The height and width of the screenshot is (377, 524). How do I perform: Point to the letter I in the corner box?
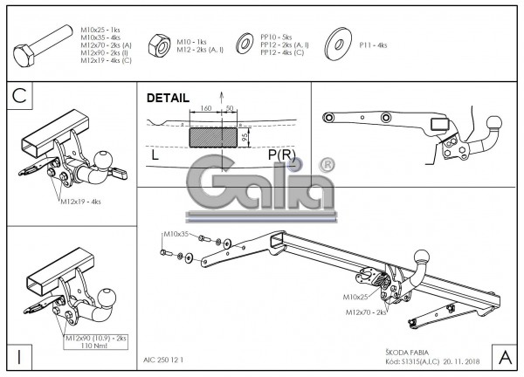tap(19, 355)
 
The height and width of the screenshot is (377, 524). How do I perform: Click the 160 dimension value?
tap(206, 108)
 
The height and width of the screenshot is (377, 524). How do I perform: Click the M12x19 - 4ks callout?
tap(81, 202)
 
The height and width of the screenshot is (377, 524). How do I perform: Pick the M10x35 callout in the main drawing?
tap(176, 235)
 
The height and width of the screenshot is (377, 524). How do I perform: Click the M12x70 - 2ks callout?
tap(365, 312)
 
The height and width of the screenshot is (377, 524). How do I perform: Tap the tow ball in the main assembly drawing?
tap(424, 257)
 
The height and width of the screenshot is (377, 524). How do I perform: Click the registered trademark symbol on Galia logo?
tap(326, 164)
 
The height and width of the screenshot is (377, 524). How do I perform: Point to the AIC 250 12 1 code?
tap(163, 358)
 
